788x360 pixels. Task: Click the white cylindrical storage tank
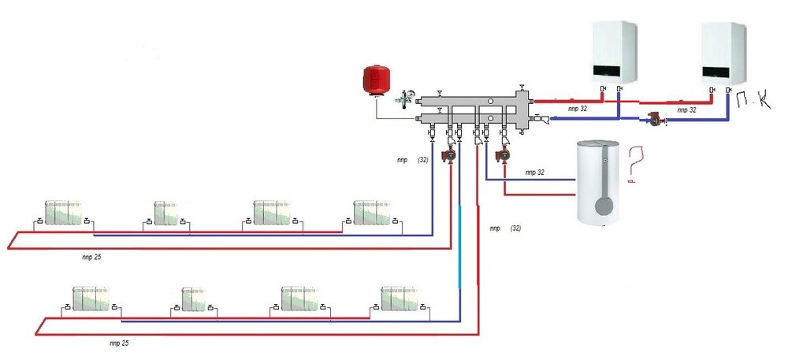[x=603, y=183]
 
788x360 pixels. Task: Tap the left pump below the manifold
[x=449, y=155]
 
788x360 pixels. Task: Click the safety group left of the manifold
[x=403, y=98]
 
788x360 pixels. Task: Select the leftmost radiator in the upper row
[x=63, y=213]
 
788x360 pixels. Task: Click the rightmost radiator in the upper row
[x=370, y=212]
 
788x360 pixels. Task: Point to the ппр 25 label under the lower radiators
[x=119, y=343]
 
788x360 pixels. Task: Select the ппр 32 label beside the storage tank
[x=535, y=172]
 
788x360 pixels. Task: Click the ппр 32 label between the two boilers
[x=687, y=110]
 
